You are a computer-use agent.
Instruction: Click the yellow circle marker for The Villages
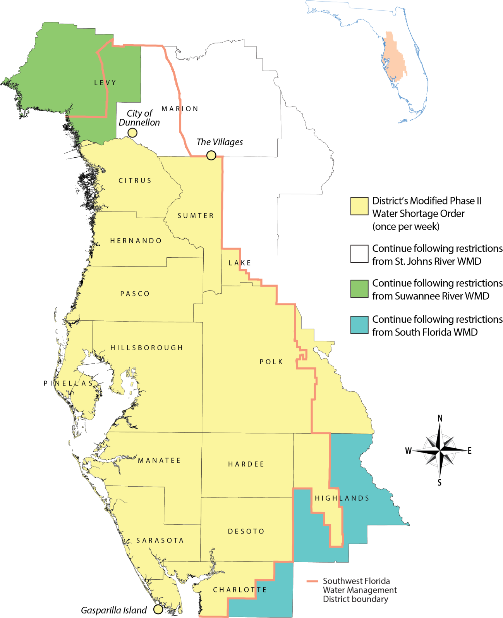tap(211, 155)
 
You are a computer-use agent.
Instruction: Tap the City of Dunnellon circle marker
tap(132, 133)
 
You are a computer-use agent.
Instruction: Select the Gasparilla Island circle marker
tap(158, 609)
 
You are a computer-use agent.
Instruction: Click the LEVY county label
tap(105, 83)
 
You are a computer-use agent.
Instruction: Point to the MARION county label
tap(180, 109)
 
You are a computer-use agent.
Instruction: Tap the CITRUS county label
tap(135, 181)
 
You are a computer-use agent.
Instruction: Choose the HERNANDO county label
tap(136, 241)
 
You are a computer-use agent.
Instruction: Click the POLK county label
tap(271, 362)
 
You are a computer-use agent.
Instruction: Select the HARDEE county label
tap(246, 464)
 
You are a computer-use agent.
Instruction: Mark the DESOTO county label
tap(246, 531)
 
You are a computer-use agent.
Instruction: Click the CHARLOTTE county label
tap(240, 590)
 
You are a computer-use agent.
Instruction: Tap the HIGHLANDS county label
tap(342, 498)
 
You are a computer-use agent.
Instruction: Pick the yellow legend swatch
tap(359, 206)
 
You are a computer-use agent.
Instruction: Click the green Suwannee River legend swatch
tap(359, 289)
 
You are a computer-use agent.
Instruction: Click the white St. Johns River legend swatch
tap(359, 254)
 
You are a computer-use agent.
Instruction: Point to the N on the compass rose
tap(440, 418)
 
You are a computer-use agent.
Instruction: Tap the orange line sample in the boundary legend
tap(312, 581)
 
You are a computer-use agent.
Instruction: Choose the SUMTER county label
tap(196, 216)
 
